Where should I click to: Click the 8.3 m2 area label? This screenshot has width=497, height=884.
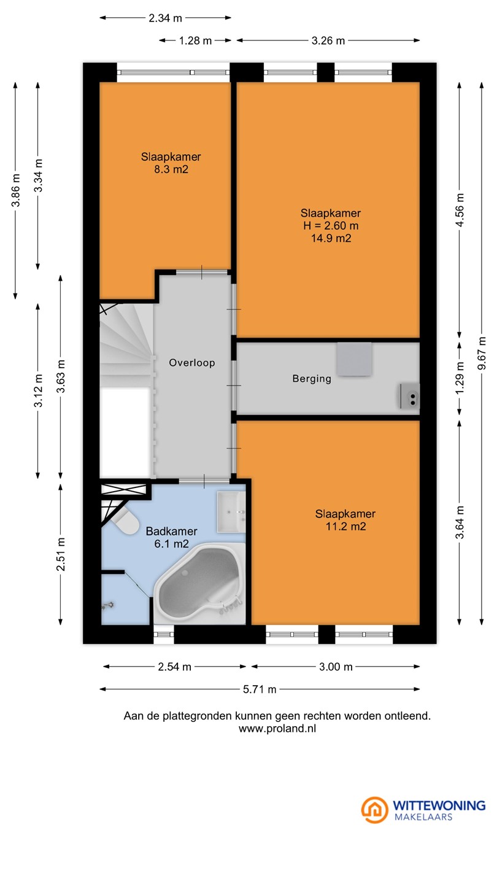tap(171, 169)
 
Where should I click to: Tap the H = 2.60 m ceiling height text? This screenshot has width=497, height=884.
tap(331, 226)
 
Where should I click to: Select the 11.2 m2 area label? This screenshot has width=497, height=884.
tap(346, 527)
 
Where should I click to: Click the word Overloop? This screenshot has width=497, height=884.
tap(192, 363)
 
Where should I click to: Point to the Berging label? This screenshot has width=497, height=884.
tap(312, 379)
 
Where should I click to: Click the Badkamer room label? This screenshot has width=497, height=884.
tap(172, 531)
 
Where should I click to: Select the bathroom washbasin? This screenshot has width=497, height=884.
tap(231, 512)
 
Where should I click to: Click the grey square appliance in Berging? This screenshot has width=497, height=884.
tap(354, 359)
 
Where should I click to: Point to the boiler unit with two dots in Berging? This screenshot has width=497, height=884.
tap(409, 396)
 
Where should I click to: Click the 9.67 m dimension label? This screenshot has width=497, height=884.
tap(482, 353)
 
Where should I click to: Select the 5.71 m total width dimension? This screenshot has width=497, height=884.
tap(260, 689)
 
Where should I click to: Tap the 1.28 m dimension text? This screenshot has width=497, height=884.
tap(196, 41)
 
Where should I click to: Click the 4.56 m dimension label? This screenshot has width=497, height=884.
tap(460, 211)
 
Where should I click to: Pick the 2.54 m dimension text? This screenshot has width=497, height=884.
tap(175, 667)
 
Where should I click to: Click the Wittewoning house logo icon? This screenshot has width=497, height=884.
tap(375, 810)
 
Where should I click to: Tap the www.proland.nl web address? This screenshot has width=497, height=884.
tap(277, 729)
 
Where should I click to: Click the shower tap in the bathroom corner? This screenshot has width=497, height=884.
tap(107, 605)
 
